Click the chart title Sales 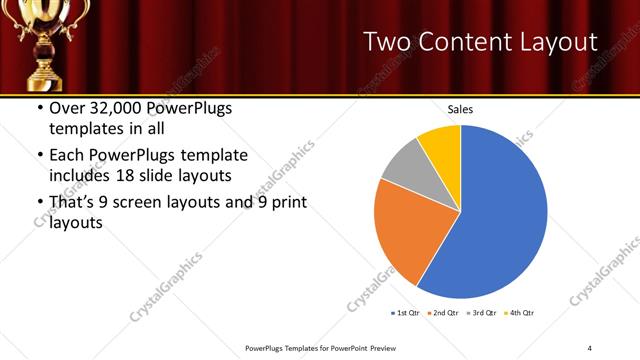(460, 110)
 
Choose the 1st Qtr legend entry (404, 313)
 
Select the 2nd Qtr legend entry (442, 313)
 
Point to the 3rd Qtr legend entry (482, 313)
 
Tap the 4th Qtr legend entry (521, 313)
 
